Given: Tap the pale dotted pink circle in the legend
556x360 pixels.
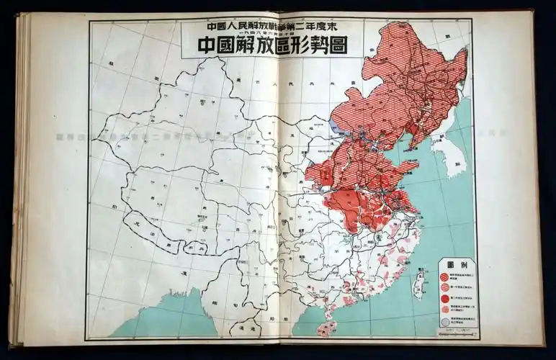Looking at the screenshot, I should tap(444, 310).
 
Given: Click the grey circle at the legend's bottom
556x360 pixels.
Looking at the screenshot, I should tap(444, 322).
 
